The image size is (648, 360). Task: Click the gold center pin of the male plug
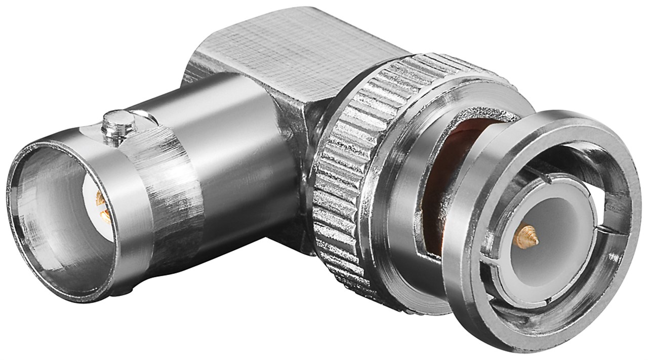click(525, 237)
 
